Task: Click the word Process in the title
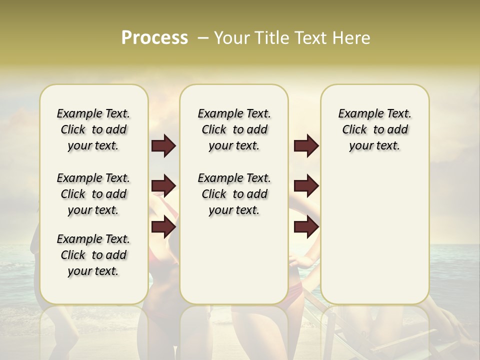click(x=154, y=38)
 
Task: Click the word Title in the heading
click(x=273, y=38)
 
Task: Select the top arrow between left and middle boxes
click(x=163, y=145)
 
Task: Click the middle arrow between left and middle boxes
click(x=163, y=186)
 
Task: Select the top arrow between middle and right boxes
click(x=306, y=145)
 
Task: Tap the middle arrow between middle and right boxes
click(x=306, y=186)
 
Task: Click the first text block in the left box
click(x=93, y=129)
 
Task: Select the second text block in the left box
click(x=93, y=194)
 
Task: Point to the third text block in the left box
click(x=93, y=255)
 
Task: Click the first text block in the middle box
click(x=234, y=129)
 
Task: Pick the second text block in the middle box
click(x=234, y=194)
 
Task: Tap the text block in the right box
click(x=375, y=129)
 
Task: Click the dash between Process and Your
click(x=203, y=38)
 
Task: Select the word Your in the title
click(x=232, y=38)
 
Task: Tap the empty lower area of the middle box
click(x=234, y=260)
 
